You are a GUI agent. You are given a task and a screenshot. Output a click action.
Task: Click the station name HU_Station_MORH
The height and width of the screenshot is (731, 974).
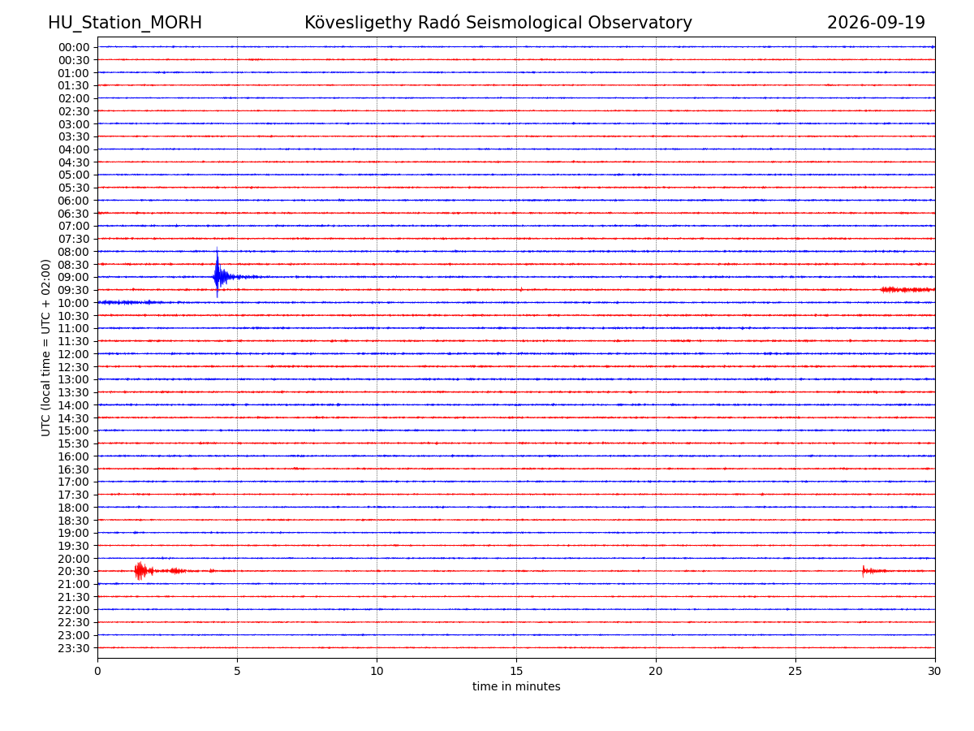point(125,23)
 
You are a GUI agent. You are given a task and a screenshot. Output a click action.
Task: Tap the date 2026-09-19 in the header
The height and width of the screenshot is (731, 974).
point(876,23)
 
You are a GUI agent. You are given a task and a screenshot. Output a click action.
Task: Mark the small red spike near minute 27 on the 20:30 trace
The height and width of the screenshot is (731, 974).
point(863,571)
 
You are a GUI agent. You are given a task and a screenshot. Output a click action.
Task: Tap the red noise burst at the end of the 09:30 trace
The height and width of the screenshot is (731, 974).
point(907,290)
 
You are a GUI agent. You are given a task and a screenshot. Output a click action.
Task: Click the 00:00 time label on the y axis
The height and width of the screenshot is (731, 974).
point(74,47)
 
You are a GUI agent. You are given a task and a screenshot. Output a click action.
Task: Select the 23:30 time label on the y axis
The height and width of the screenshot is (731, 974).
point(74,648)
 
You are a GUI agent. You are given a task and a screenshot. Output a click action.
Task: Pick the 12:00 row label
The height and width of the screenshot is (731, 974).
point(74,354)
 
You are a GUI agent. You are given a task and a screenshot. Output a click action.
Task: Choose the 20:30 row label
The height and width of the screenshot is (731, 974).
point(74,571)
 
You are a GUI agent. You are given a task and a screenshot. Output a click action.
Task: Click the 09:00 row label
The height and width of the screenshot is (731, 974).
point(74,278)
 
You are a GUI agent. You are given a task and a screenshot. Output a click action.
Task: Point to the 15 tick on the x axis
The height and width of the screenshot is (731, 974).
point(516,671)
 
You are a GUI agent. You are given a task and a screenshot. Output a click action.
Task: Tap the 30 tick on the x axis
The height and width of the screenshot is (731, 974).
point(934,671)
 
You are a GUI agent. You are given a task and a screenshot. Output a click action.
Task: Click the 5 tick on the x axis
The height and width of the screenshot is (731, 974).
point(237,671)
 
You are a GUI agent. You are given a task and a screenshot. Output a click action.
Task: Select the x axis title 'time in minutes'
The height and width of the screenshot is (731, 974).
point(516,686)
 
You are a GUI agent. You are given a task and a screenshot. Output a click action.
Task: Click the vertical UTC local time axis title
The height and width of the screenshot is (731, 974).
point(45,348)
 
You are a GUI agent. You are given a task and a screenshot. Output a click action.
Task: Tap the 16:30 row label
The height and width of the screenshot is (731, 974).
point(74,469)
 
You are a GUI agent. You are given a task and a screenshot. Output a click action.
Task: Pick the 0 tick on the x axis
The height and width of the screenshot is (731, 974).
point(97,671)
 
